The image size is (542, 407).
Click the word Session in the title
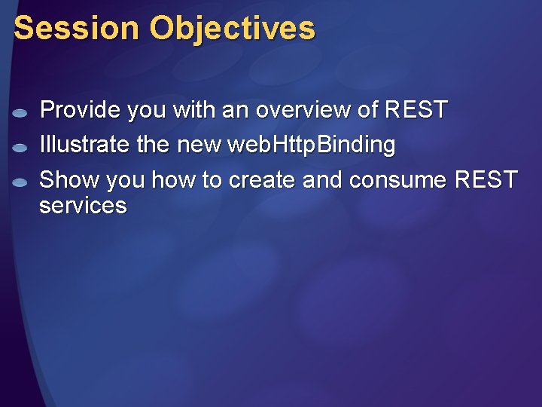(76, 28)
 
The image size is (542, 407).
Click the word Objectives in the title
(232, 29)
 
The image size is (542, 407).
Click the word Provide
(80, 110)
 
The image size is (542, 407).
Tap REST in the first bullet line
(416, 110)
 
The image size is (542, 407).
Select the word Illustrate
(84, 145)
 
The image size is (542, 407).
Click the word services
(83, 206)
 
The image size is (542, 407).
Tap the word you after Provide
(147, 110)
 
